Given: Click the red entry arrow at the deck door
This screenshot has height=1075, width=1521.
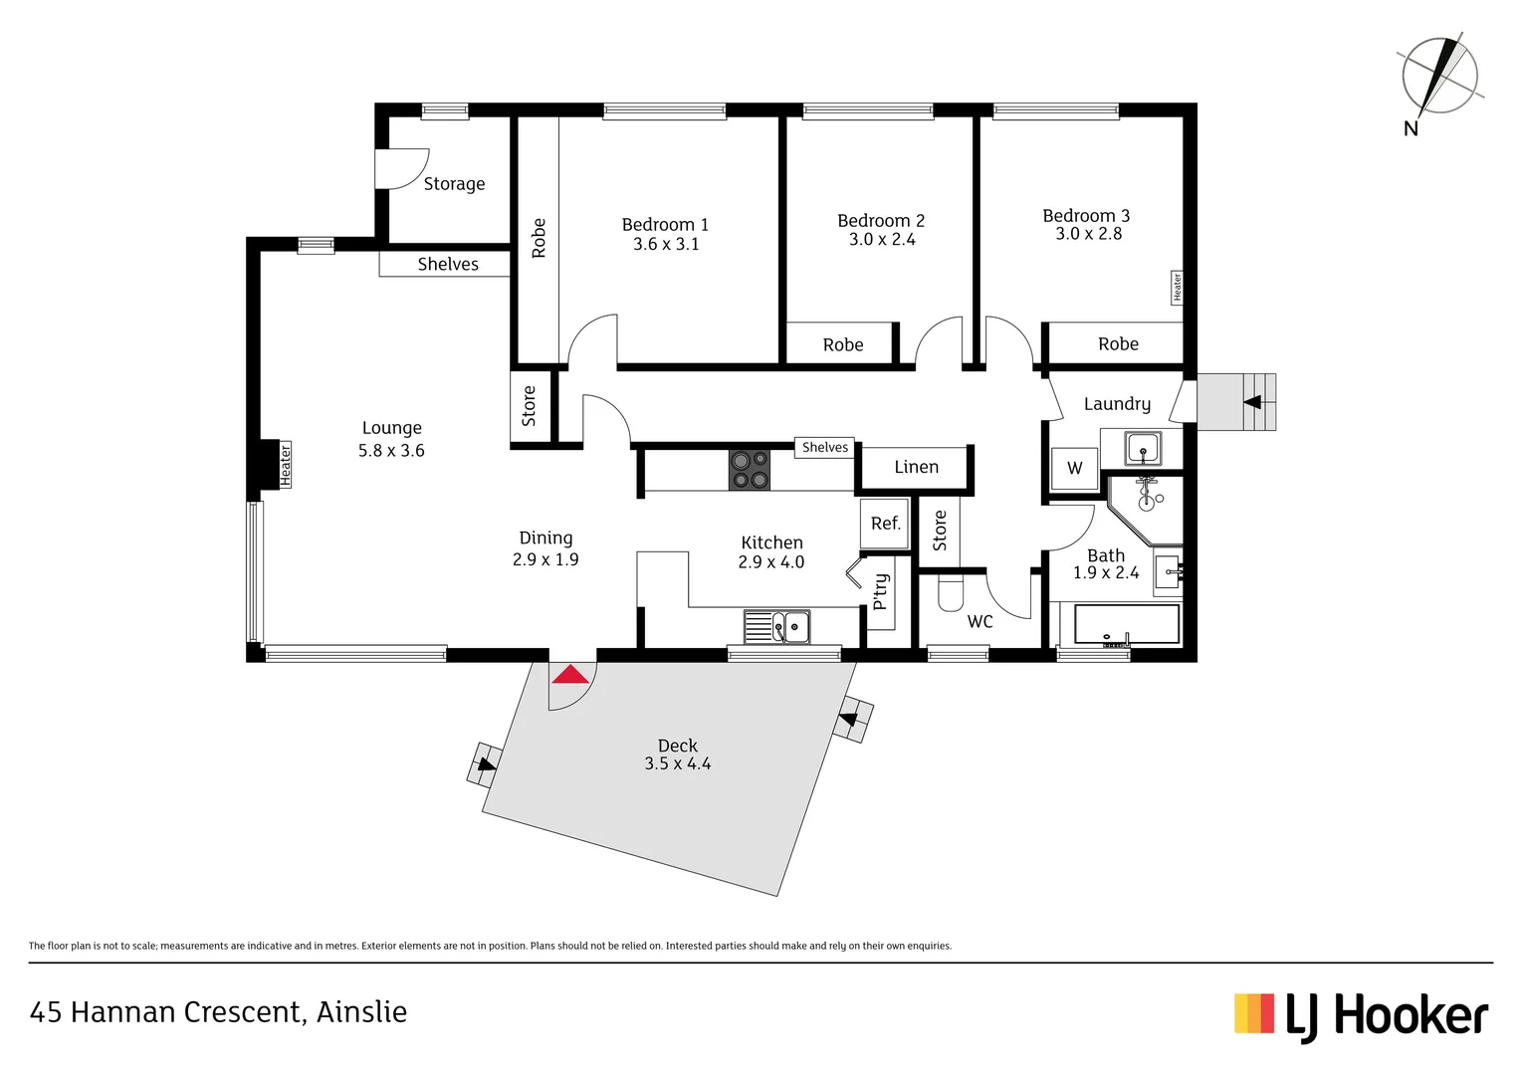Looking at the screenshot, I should pos(570,675).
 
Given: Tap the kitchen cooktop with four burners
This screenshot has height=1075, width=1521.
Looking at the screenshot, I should pos(750,470).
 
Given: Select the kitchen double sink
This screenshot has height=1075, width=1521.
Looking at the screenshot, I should pos(777,627).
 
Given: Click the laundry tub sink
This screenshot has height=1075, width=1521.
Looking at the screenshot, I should pos(1143,448).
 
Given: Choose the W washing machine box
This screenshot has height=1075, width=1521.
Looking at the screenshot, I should pos(1075,468).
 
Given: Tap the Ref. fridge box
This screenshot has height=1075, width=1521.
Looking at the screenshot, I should pos(885,524).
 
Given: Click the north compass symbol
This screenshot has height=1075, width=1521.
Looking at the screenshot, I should pos(1439,77).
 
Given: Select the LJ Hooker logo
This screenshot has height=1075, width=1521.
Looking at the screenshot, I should pos(1361,1016).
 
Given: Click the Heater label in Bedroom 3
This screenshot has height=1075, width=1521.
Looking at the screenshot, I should pos(1177,288).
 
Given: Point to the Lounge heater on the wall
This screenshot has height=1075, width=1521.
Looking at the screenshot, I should pos(285,465).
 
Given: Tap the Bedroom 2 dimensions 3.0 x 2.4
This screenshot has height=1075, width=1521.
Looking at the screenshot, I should pos(882,240).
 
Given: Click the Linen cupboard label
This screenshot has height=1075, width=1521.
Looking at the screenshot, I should pos(916,467).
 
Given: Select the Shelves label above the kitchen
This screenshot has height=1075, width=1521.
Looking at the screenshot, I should pos(825,448).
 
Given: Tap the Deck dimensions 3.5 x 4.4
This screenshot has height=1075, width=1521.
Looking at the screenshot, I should pos(677,764).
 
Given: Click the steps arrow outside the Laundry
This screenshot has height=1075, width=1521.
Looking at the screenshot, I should pos(1252,402).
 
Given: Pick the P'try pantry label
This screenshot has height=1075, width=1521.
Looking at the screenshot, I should pos(880,592).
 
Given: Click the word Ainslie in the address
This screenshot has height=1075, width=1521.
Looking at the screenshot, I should pos(361,1012).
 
